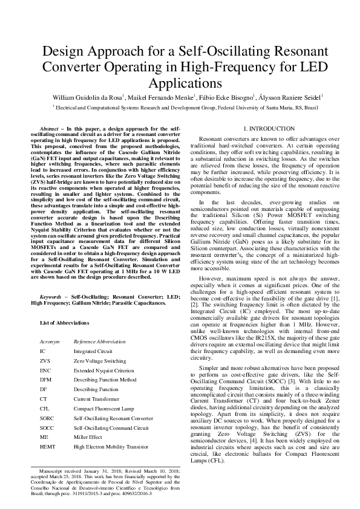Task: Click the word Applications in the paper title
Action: [x=180, y=82]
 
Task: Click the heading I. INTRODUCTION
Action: [x=269, y=129]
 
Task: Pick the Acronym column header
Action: [x=50, y=342]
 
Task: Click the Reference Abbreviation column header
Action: [x=99, y=342]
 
